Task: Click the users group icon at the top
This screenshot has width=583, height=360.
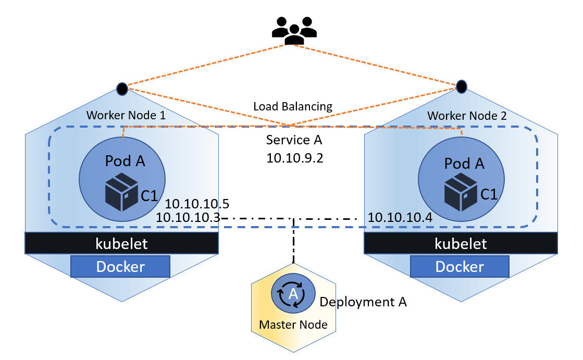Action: [x=294, y=31]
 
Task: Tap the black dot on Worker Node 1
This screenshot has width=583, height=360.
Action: [x=122, y=89]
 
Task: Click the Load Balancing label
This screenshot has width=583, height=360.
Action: [x=293, y=107]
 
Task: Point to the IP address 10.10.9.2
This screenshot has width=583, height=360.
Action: [x=294, y=158]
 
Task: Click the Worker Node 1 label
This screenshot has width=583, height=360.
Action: [x=126, y=116]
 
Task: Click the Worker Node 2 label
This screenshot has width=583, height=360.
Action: [x=466, y=116]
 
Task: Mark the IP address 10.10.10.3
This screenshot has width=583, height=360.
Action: [x=188, y=217]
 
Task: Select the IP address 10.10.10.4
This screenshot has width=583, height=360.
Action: [x=400, y=217]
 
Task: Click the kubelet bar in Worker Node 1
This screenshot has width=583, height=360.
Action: [x=121, y=243]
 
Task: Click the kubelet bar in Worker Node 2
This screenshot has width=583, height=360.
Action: [x=461, y=243]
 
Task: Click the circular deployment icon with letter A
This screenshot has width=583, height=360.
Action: [x=293, y=294]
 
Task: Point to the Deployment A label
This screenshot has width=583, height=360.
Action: [x=363, y=302]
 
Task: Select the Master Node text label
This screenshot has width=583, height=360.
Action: [x=293, y=325]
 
